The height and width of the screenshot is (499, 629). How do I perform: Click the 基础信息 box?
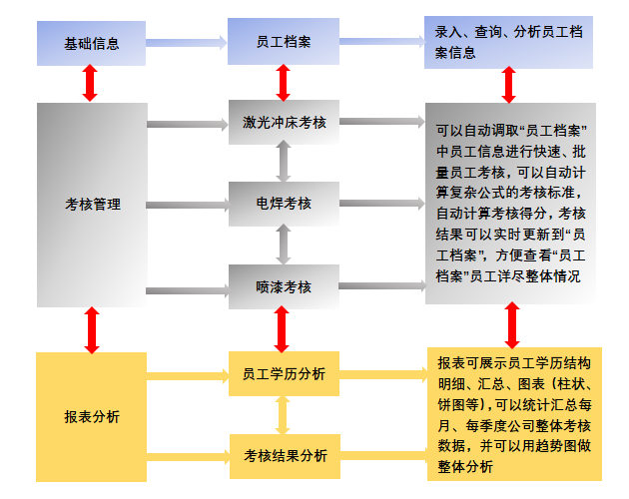click(91, 43)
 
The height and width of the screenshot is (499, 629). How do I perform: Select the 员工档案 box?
click(284, 41)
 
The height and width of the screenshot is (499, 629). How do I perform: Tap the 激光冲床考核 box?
click(284, 122)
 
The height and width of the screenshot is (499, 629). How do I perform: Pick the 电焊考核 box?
click(284, 204)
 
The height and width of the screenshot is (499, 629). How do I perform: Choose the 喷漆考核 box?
click(284, 286)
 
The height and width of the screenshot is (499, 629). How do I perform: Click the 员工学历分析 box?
click(284, 374)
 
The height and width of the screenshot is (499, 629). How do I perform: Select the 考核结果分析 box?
click(285, 456)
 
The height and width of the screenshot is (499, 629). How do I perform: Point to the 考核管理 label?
click(93, 205)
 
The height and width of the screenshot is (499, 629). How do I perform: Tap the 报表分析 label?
click(92, 417)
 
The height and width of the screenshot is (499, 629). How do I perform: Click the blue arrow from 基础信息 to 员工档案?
click(187, 43)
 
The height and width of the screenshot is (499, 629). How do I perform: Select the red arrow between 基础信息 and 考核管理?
click(90, 83)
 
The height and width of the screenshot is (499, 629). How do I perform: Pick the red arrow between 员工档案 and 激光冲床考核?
click(284, 83)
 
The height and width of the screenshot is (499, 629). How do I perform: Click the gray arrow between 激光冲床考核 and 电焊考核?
click(284, 161)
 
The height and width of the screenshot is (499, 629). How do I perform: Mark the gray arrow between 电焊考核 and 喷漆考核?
click(284, 245)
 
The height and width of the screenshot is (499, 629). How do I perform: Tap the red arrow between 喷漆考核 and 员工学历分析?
click(282, 329)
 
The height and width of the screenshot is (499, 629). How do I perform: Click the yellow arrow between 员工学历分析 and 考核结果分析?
click(283, 415)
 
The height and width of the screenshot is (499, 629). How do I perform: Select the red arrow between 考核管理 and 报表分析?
click(92, 330)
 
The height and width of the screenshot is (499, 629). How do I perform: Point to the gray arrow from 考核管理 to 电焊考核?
click(188, 206)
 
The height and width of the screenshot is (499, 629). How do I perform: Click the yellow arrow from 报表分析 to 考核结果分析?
click(189, 457)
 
